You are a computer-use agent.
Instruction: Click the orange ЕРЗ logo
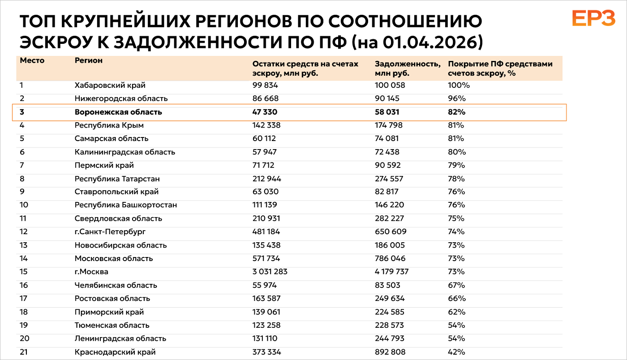[x=593, y=18]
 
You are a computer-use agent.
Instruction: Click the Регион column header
[x=89, y=60]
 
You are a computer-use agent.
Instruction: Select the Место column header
[x=32, y=60]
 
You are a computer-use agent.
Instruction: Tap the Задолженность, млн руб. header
[x=408, y=69]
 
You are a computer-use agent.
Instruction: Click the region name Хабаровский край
[x=110, y=85]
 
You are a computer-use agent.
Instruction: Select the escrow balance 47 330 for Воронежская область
[x=265, y=112]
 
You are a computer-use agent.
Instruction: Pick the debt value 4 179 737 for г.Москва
[x=391, y=271]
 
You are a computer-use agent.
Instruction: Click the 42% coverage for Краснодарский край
[x=456, y=352]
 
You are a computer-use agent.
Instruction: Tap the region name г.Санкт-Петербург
[x=110, y=232]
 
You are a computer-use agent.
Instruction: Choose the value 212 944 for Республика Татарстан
[x=267, y=179]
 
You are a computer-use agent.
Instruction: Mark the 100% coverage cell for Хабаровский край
[x=459, y=85]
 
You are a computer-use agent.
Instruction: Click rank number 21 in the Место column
[x=24, y=352]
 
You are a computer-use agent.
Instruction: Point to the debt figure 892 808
[x=390, y=352]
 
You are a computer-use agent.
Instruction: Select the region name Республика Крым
[x=109, y=125]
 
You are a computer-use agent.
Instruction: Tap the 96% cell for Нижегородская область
[x=457, y=99]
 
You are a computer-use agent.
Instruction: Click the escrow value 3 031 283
[x=270, y=271]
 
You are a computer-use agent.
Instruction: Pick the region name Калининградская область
[x=125, y=152]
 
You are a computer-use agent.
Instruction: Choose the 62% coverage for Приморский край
[x=456, y=312]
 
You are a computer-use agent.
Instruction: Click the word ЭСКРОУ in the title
[x=56, y=42]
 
